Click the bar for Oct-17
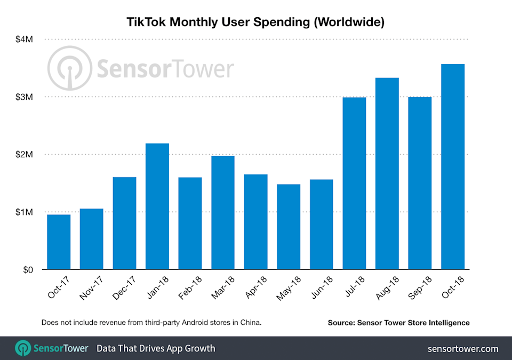(59, 242)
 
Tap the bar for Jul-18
(354, 183)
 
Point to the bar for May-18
(289, 227)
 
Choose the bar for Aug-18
(387, 174)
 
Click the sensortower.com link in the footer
(463, 349)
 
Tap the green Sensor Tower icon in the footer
(23, 348)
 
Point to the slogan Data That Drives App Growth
(156, 349)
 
